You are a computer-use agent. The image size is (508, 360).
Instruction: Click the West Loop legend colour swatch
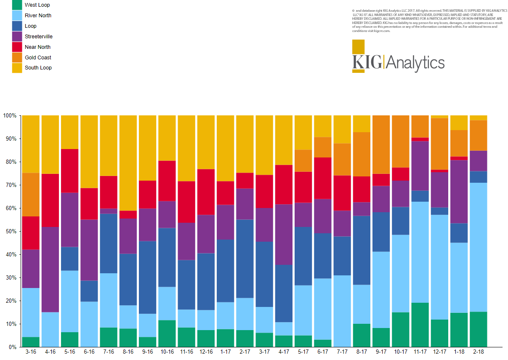coord(17,5)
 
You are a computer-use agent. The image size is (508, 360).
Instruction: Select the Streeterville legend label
coord(38,37)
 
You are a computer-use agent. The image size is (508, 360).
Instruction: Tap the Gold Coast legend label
coord(38,58)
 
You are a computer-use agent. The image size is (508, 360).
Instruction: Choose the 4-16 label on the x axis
coord(50,351)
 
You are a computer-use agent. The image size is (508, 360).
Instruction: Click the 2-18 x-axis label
coord(478,351)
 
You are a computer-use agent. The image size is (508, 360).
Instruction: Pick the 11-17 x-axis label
coord(420,351)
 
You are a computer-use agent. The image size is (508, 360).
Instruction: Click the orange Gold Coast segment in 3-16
coord(31,195)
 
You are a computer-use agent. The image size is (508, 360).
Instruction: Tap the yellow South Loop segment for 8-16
coord(128,163)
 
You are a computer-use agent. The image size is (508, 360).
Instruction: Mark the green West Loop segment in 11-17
coord(420,325)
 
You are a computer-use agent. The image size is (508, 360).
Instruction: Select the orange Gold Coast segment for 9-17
coord(381,144)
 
